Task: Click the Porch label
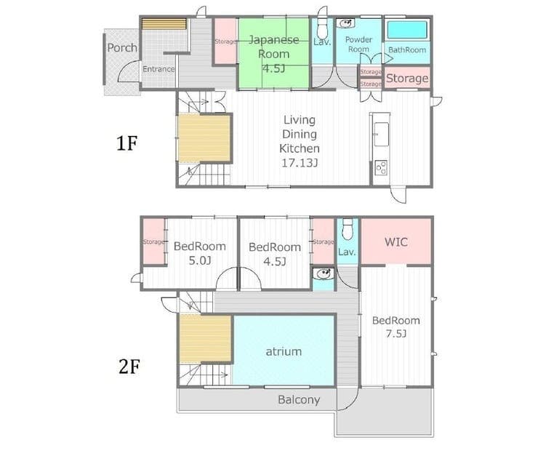click(122, 48)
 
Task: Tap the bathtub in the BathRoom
click(407, 30)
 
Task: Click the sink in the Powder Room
click(345, 24)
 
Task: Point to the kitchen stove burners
click(381, 167)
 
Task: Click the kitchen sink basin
click(381, 134)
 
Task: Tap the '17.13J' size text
click(300, 163)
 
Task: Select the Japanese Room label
click(273, 47)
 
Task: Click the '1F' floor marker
click(127, 143)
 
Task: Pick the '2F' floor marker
click(129, 367)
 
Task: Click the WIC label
click(396, 242)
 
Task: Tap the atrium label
click(284, 351)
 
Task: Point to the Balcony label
click(299, 400)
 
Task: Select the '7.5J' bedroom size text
click(396, 334)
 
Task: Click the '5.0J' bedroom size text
click(200, 261)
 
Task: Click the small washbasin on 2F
click(323, 273)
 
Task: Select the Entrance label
click(158, 69)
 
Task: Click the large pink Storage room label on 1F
click(407, 79)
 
